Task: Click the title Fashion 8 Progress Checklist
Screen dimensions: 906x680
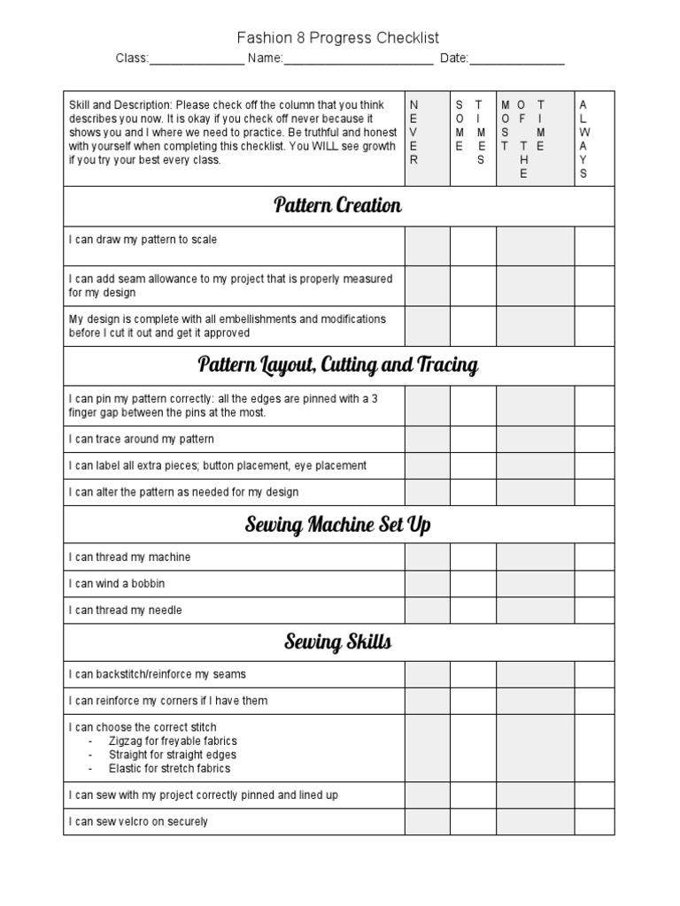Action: tap(337, 37)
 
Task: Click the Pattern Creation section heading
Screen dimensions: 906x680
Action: tap(337, 206)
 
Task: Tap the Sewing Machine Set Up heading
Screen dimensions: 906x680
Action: tap(337, 526)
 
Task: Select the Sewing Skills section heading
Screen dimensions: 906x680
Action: tap(337, 642)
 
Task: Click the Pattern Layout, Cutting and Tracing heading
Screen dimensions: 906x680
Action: tap(337, 365)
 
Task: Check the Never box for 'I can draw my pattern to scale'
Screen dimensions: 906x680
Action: tap(427, 246)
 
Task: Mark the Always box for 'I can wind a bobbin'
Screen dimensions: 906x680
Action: tap(594, 584)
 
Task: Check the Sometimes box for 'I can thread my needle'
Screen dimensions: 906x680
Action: tap(473, 610)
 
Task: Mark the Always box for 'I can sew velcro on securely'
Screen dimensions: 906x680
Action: tap(594, 822)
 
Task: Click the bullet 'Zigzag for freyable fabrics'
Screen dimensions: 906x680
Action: tap(172, 741)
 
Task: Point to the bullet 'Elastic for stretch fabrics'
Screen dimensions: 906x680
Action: tap(172, 770)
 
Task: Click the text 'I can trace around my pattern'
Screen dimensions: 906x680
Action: tap(142, 439)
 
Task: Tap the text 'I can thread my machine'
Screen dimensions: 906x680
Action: tap(130, 557)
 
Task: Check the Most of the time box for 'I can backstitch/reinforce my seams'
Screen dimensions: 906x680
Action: tap(535, 674)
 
